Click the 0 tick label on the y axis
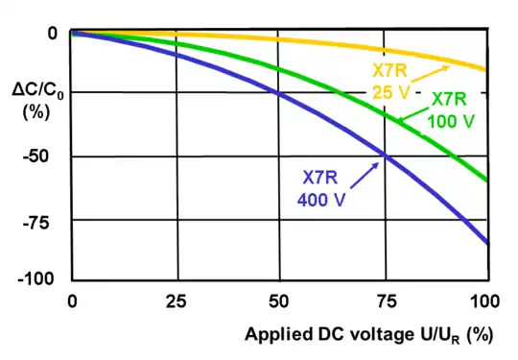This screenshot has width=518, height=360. pyautogui.click(x=53, y=34)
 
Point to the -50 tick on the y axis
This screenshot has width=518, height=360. pyautogui.click(x=35, y=156)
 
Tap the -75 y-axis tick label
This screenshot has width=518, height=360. pyautogui.click(x=35, y=223)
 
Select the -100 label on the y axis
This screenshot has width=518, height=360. pyautogui.click(x=35, y=278)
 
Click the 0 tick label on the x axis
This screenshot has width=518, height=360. pyautogui.click(x=72, y=301)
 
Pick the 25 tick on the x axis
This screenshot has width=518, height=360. pyautogui.click(x=177, y=301)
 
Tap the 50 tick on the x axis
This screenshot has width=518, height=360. pyautogui.click(x=278, y=301)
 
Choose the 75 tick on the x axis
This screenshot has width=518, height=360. pyautogui.click(x=386, y=301)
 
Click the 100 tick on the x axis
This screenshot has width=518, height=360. pyautogui.click(x=484, y=301)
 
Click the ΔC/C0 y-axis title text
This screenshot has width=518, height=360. pyautogui.click(x=37, y=90)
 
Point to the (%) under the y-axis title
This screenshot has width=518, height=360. pyautogui.click(x=36, y=112)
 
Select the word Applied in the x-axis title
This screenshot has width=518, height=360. pyautogui.click(x=279, y=334)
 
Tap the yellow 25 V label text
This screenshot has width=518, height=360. pyautogui.click(x=389, y=92)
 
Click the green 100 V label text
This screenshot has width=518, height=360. pyautogui.click(x=451, y=121)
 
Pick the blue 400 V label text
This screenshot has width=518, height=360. pyautogui.click(x=321, y=200)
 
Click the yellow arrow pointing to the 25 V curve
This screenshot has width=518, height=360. pyautogui.click(x=430, y=74)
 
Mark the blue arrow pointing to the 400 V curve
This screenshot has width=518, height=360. pyautogui.click(x=365, y=176)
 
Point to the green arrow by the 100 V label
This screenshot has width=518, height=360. pyautogui.click(x=413, y=114)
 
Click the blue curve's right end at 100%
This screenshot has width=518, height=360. pyautogui.click(x=487, y=243)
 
